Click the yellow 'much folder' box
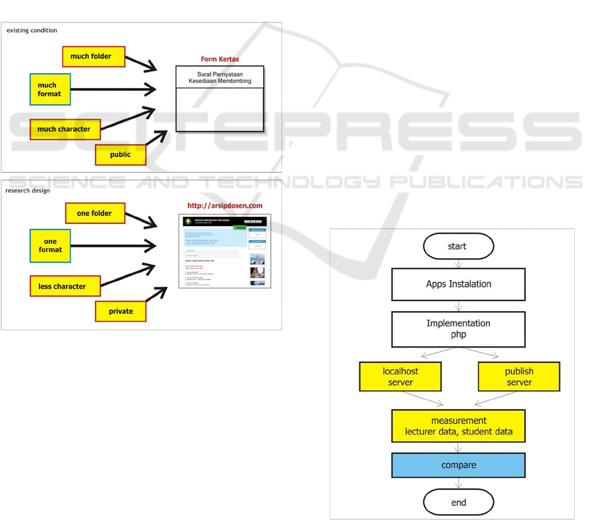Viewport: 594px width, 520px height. click(x=94, y=57)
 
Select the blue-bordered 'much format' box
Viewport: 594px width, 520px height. click(x=50, y=90)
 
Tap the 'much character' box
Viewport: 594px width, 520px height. click(x=65, y=129)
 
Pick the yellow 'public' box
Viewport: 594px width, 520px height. click(x=121, y=155)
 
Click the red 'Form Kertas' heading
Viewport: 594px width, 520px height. click(x=220, y=59)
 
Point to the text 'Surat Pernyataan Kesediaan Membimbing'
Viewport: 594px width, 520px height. click(x=220, y=78)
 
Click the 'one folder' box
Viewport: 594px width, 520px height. click(x=95, y=214)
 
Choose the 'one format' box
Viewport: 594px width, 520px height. click(x=50, y=246)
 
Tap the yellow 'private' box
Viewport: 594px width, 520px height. click(x=121, y=311)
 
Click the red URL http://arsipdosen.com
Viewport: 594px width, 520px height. click(x=225, y=206)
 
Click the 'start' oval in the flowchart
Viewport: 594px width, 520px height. click(x=458, y=246)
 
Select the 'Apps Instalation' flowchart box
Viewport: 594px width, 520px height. click(x=458, y=284)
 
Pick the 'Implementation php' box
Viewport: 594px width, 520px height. click(x=458, y=329)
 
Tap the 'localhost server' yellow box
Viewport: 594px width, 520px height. click(x=400, y=376)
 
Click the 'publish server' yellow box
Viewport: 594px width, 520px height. click(x=519, y=376)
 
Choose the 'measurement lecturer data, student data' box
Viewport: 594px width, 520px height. click(x=458, y=426)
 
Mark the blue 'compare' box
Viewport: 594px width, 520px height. click(x=458, y=465)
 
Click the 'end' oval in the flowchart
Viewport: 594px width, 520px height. click(x=458, y=502)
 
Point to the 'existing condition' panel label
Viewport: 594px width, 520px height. click(x=32, y=30)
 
